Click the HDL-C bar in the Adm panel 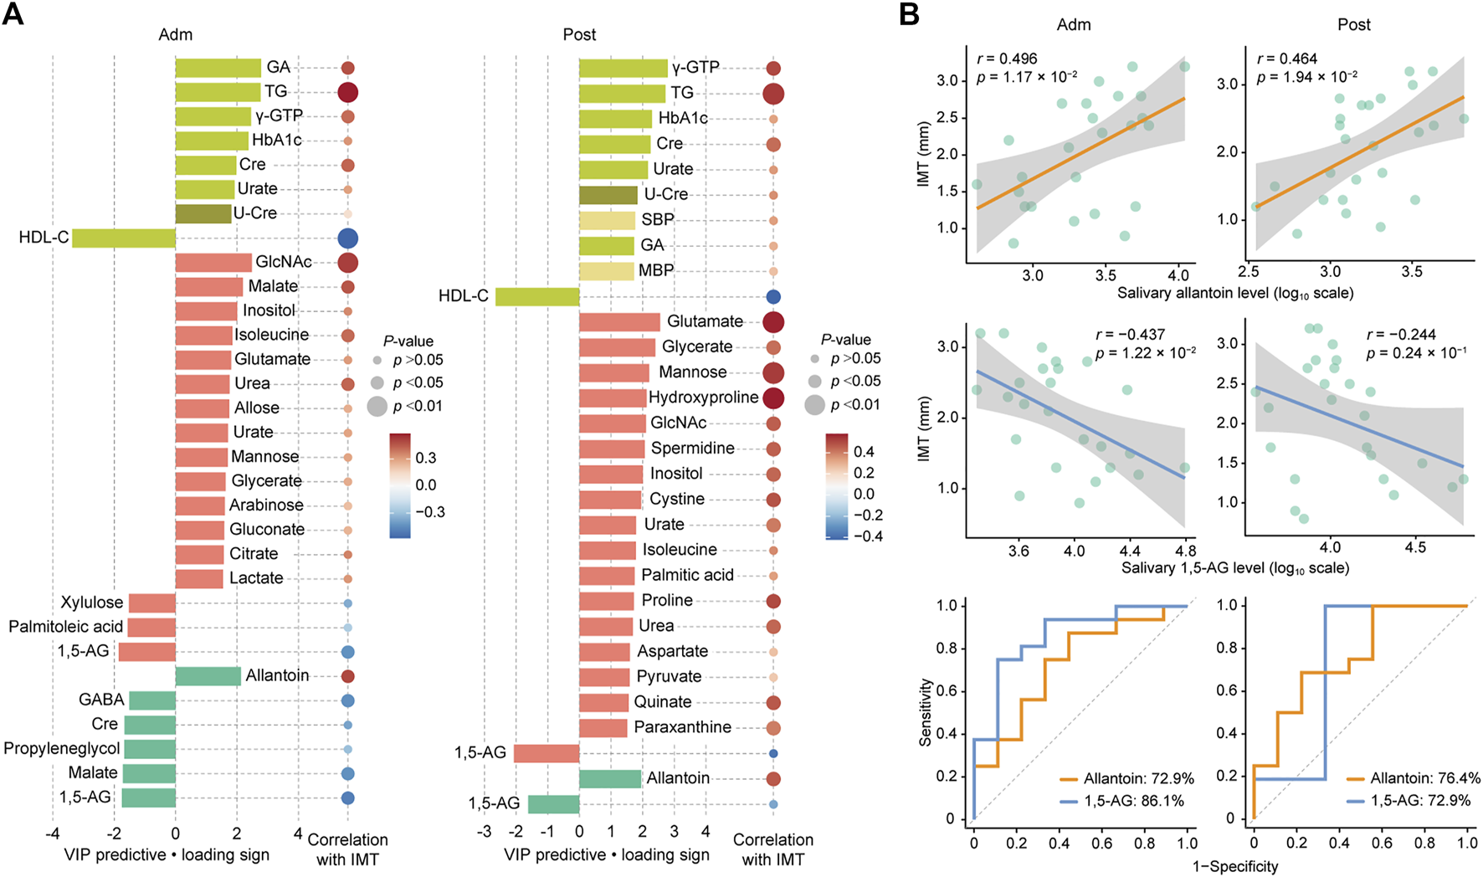[x=123, y=238]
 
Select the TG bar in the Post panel [x=622, y=93]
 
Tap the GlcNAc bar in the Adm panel [x=213, y=263]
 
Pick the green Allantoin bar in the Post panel [x=610, y=778]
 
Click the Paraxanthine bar [x=603, y=727]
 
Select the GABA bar [x=152, y=700]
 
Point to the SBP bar [x=607, y=220]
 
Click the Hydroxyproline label [x=704, y=397]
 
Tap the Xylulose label [x=91, y=603]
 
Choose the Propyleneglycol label [x=62, y=748]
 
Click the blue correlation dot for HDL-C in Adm [x=347, y=238]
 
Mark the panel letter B [x=909, y=14]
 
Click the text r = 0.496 [x=1007, y=59]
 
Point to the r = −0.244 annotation [x=1401, y=334]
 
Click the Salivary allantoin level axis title [x=1235, y=293]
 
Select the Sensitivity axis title [x=926, y=712]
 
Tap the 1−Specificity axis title [x=1235, y=866]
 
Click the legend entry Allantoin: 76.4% [x=1425, y=778]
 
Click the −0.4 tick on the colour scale [x=867, y=536]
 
